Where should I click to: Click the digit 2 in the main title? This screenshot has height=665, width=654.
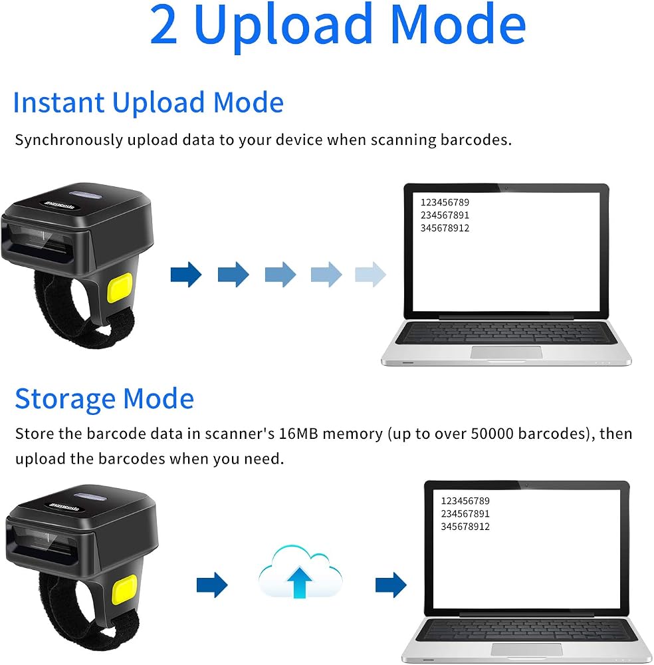163,24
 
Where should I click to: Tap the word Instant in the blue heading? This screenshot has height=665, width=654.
59,102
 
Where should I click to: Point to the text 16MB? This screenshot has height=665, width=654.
298,434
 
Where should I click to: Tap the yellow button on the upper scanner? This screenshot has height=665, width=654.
120,288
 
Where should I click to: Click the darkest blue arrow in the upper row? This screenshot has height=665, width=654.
186,275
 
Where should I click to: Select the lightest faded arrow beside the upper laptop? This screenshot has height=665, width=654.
370,275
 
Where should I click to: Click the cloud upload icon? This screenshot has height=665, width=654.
300,572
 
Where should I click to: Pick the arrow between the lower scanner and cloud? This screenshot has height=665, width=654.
212,585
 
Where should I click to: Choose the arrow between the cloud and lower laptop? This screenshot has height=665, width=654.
391,585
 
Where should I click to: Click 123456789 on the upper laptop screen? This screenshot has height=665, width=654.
445,202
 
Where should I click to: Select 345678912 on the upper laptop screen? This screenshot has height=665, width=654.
445,228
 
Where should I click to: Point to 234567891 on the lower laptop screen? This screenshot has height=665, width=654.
465,513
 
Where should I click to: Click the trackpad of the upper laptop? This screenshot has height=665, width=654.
506,352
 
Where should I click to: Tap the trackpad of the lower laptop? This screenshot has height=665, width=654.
527,649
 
